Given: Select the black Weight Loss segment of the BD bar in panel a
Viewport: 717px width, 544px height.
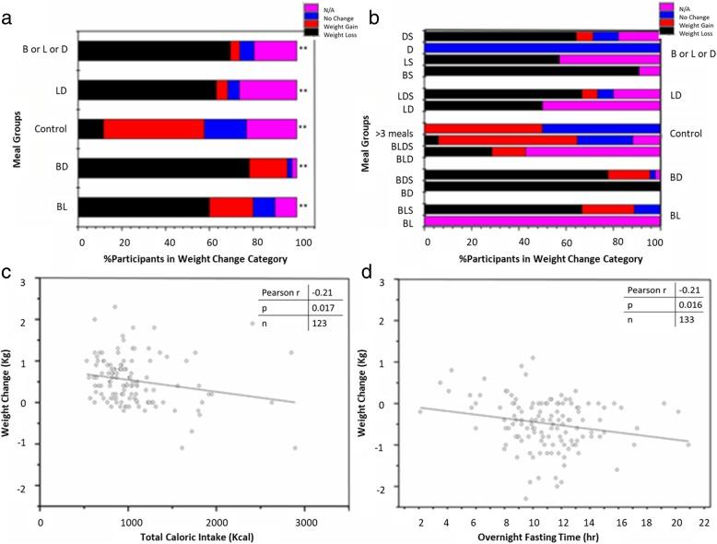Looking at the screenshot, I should coord(165,167).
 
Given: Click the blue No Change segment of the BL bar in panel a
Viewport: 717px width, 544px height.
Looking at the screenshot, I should coord(264,207).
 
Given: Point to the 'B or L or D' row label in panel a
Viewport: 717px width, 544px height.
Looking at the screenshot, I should coord(47,51).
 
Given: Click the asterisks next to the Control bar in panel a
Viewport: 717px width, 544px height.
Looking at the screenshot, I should coord(303,129).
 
